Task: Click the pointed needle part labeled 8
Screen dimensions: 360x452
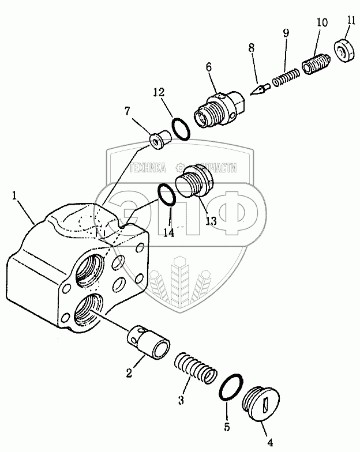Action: [x=261, y=89]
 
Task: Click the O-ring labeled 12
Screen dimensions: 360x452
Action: [x=181, y=127]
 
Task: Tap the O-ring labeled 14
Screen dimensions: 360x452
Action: [x=167, y=195]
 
